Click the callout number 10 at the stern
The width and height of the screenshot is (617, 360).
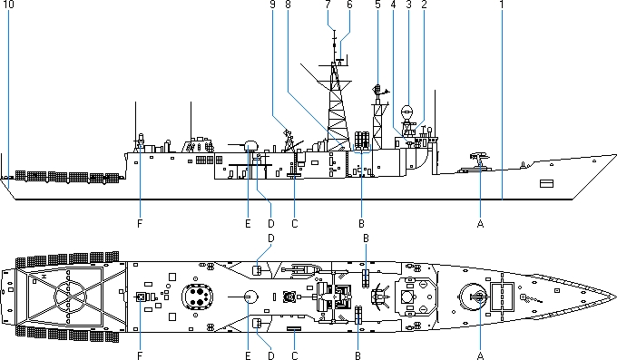[8, 5]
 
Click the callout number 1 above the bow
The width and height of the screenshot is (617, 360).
[502, 5]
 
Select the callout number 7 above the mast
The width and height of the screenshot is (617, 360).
[328, 5]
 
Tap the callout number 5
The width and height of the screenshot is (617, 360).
[377, 5]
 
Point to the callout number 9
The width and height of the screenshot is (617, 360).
[273, 5]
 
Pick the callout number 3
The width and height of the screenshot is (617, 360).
[408, 5]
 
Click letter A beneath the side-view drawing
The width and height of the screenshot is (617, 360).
[480, 223]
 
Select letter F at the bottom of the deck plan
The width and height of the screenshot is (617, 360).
[140, 355]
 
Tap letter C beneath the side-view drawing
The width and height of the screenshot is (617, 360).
[295, 223]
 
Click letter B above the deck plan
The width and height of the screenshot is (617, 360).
[366, 238]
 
